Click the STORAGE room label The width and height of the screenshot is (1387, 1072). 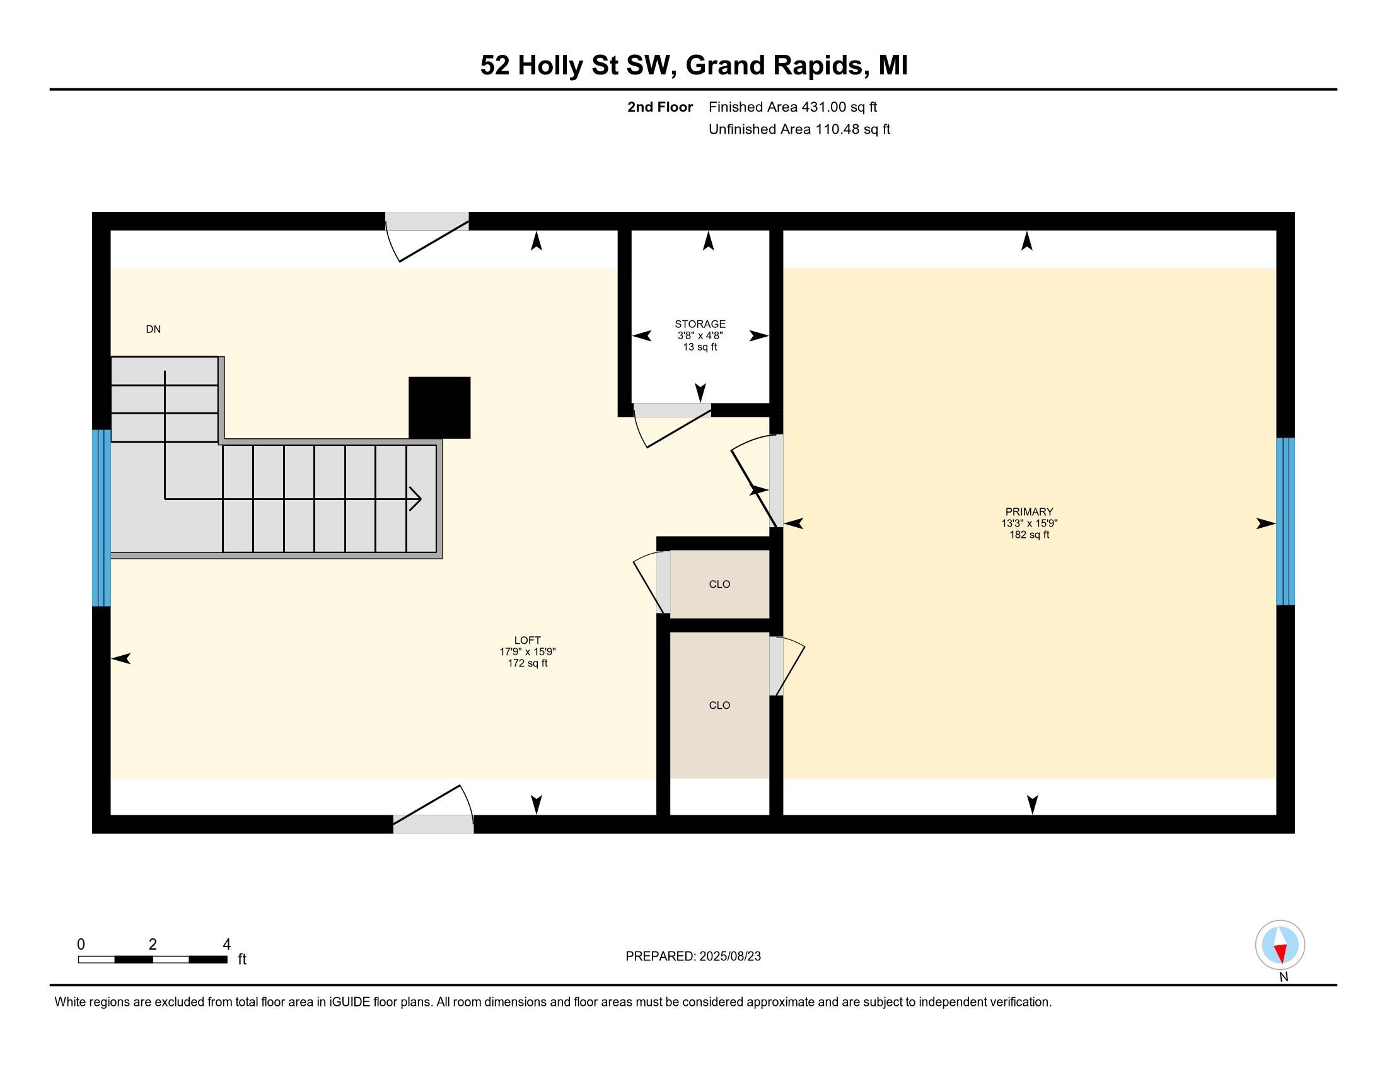click(700, 325)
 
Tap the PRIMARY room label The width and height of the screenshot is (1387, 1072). click(1029, 512)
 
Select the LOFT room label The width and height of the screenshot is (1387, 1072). click(527, 640)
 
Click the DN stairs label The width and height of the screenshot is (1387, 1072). click(153, 329)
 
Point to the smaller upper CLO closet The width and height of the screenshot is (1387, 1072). click(719, 585)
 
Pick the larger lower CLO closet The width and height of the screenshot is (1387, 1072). click(719, 705)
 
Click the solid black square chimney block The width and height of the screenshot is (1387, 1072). click(439, 407)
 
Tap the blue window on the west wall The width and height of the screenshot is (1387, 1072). click(102, 518)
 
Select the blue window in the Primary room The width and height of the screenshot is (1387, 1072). click(1285, 521)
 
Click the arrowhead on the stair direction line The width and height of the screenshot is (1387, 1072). click(416, 499)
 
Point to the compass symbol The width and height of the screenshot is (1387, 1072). click(1280, 945)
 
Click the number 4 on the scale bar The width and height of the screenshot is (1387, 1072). click(227, 945)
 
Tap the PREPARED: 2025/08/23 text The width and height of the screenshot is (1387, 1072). click(693, 957)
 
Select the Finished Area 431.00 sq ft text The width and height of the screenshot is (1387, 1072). click(792, 107)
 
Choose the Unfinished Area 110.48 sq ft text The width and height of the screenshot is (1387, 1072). click(799, 129)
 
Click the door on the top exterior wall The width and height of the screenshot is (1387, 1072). click(427, 236)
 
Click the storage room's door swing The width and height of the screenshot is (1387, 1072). click(672, 426)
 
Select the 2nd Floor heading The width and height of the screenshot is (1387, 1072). click(660, 107)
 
